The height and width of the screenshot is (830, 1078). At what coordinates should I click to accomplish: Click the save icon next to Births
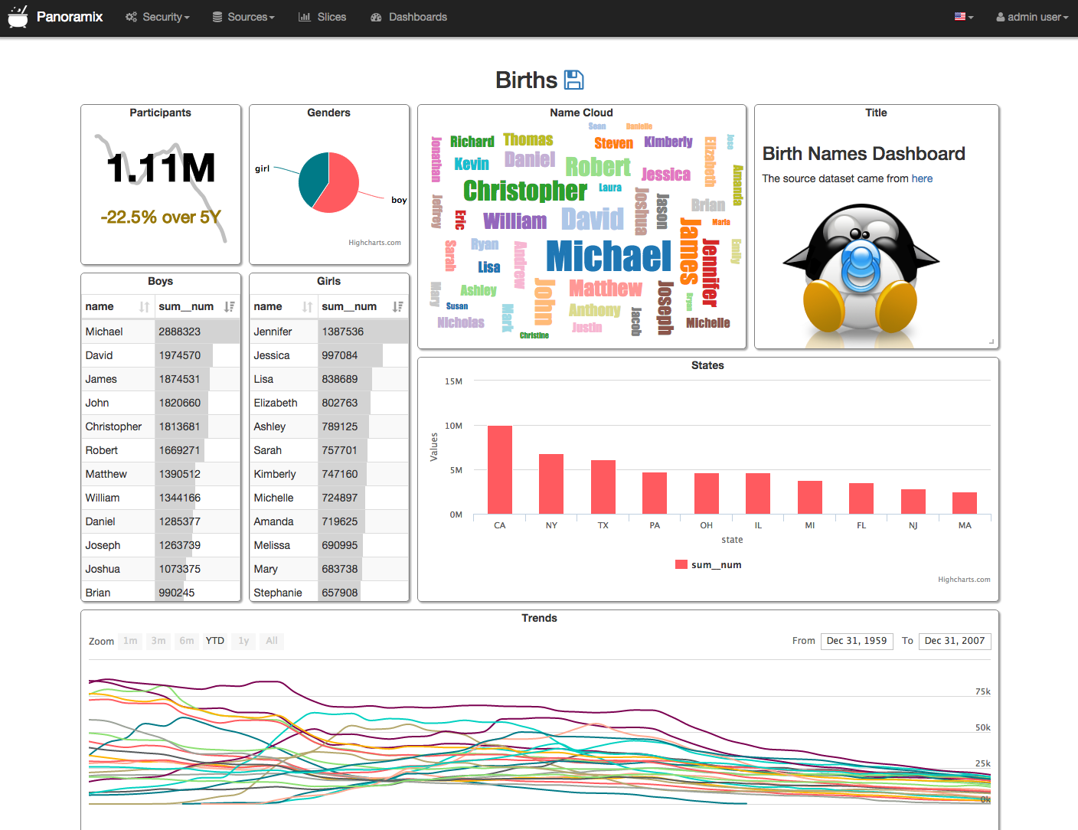(x=573, y=80)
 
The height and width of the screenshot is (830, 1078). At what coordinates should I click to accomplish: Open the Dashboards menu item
(x=409, y=17)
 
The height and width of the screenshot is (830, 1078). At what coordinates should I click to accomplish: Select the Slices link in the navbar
(x=322, y=17)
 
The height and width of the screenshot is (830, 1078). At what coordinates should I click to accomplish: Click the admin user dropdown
(x=1032, y=17)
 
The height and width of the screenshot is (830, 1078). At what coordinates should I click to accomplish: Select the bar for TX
(x=603, y=487)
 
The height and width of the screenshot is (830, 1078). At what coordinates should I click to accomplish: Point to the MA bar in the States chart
(x=965, y=503)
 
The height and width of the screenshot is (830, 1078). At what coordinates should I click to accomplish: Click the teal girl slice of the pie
(x=313, y=178)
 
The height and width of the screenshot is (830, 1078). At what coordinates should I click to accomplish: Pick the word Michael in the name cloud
(x=609, y=257)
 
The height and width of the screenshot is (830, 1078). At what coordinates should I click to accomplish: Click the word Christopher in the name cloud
(x=525, y=191)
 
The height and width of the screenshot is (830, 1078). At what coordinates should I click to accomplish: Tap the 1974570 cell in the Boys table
(x=180, y=355)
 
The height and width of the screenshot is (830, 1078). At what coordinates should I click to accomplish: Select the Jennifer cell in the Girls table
(x=273, y=332)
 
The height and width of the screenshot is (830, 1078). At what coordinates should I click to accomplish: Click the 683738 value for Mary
(x=340, y=569)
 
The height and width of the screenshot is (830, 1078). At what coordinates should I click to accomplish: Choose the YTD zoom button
(x=215, y=641)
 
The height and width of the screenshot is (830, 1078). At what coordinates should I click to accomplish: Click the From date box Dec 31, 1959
(x=857, y=641)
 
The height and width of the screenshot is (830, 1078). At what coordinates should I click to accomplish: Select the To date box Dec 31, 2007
(x=955, y=641)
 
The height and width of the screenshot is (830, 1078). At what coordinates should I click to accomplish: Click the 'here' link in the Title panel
(x=922, y=178)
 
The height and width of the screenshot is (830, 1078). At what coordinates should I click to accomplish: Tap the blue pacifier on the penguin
(x=861, y=264)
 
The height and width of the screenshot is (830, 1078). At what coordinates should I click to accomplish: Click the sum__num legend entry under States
(x=708, y=565)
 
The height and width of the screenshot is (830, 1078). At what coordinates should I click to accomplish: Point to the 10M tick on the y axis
(x=453, y=426)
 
